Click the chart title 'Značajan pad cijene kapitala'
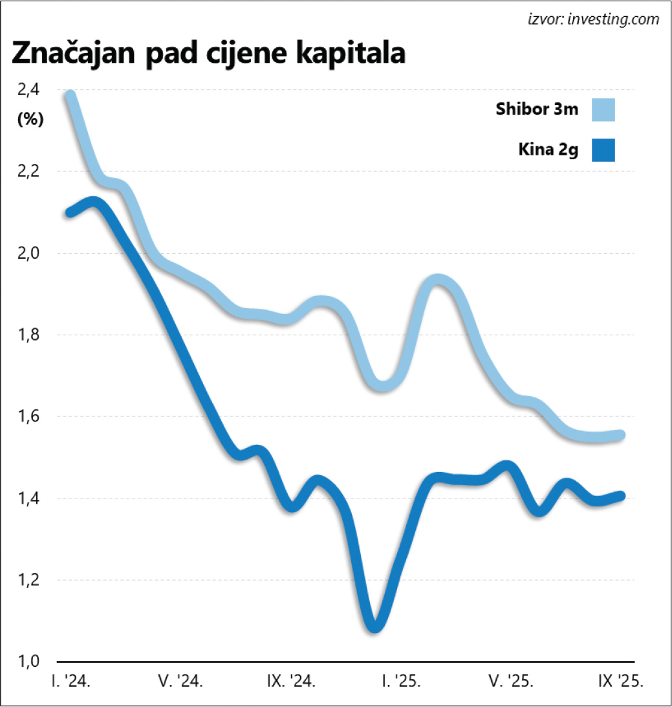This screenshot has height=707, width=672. (x=208, y=54)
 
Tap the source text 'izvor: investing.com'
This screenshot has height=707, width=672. (x=593, y=19)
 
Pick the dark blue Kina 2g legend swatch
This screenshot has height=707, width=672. (x=602, y=150)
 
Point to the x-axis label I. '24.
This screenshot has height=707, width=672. (x=70, y=682)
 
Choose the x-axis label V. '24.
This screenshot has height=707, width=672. (x=182, y=682)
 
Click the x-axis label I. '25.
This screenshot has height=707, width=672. (x=401, y=682)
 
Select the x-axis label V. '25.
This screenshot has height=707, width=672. (x=511, y=682)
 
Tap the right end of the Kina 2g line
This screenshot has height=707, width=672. (x=622, y=496)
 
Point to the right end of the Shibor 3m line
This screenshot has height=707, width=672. (x=622, y=435)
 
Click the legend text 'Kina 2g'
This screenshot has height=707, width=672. (x=547, y=150)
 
